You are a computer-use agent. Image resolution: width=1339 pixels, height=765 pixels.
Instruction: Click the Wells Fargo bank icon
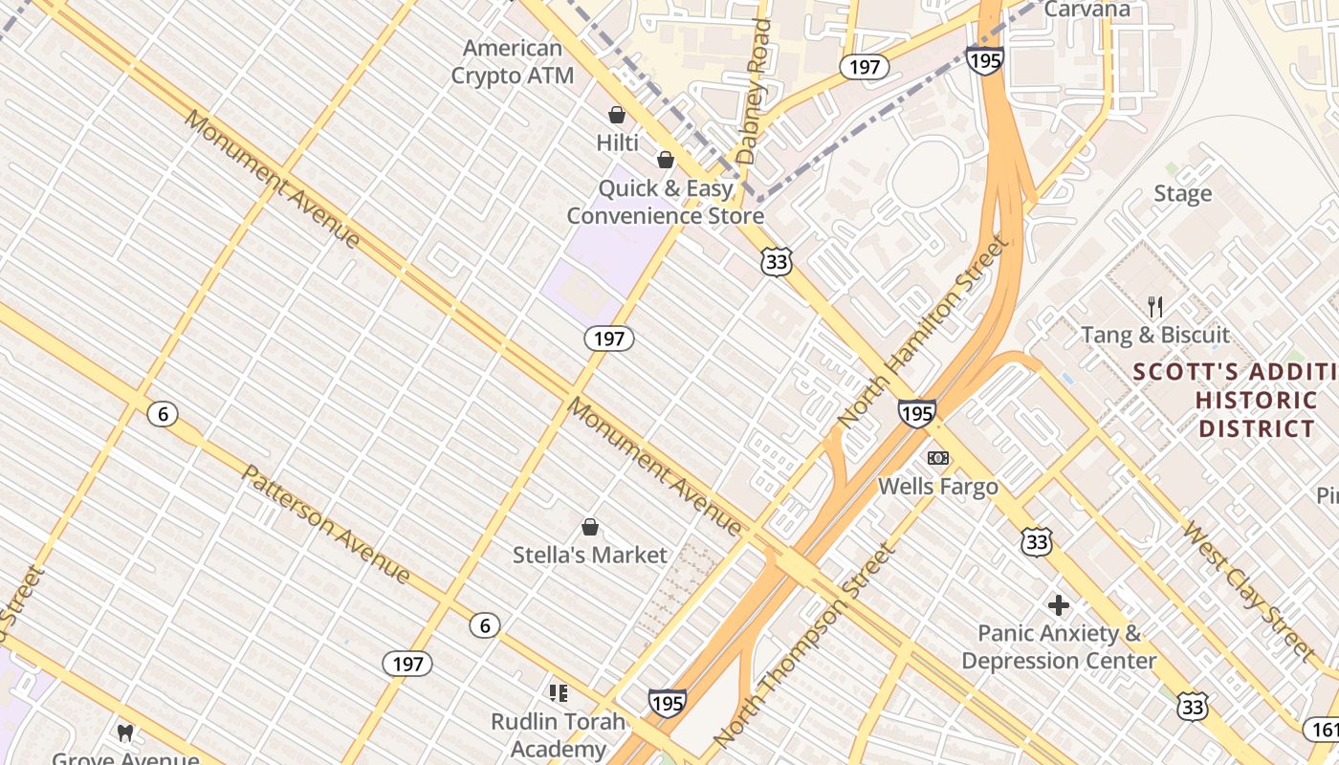pos(938,458)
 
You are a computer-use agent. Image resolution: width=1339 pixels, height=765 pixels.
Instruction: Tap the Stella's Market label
pos(590,555)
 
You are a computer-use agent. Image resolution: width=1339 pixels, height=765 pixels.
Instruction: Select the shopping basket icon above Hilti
pos(617,115)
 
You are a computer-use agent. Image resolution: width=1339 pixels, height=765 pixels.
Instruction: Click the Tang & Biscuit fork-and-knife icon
pos(1155,307)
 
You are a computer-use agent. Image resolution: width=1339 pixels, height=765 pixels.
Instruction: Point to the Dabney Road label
pos(755,91)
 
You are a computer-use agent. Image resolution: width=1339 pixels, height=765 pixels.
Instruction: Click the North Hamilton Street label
pos(923,331)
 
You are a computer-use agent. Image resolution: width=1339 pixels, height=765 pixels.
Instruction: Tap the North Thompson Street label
pos(805,645)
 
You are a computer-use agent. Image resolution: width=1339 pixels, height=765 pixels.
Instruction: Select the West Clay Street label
pos(1247,590)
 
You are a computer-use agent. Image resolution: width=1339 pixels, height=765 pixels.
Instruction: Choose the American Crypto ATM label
pos(513,61)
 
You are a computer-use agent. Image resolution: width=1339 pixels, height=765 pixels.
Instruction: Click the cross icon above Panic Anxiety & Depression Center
pos(1058,605)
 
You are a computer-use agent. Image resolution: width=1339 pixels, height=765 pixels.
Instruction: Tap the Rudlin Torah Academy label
pos(559,734)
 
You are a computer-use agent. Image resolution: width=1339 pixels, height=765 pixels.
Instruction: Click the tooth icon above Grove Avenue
pos(125,733)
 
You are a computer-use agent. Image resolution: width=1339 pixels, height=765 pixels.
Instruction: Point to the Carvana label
pos(1087,10)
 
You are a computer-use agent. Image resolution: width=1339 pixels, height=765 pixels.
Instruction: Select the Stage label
pos(1182,194)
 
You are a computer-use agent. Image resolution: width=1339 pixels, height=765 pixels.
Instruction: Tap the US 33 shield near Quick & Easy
pos(777,261)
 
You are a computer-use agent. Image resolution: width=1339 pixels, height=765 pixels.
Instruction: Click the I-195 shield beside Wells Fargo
pos(916,413)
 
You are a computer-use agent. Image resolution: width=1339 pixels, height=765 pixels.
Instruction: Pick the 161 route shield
pos(1324,730)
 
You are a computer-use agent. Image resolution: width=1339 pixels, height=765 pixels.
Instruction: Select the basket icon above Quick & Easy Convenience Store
pos(666,160)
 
